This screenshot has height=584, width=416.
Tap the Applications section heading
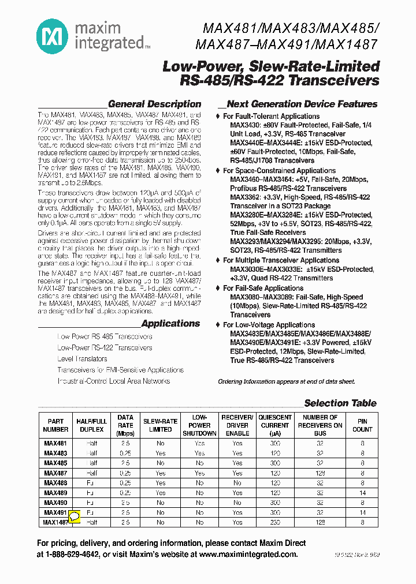[x=170, y=324]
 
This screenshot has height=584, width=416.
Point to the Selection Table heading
[x=340, y=403]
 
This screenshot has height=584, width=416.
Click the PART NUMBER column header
[x=55, y=425]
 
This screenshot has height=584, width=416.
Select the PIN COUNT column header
[x=362, y=425]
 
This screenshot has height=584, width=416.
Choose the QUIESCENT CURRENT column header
[x=275, y=425]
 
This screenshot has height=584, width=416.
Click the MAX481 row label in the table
[x=55, y=444]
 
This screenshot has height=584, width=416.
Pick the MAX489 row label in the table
[x=55, y=493]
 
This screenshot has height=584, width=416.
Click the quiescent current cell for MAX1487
[x=275, y=522]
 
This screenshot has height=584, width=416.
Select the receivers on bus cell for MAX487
[x=320, y=473]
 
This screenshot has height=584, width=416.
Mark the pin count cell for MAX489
[x=362, y=493]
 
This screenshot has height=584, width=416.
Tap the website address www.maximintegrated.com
[x=248, y=554]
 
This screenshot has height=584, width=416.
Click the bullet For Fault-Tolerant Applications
[x=271, y=116]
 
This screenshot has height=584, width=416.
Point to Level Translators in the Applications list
[x=82, y=359]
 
